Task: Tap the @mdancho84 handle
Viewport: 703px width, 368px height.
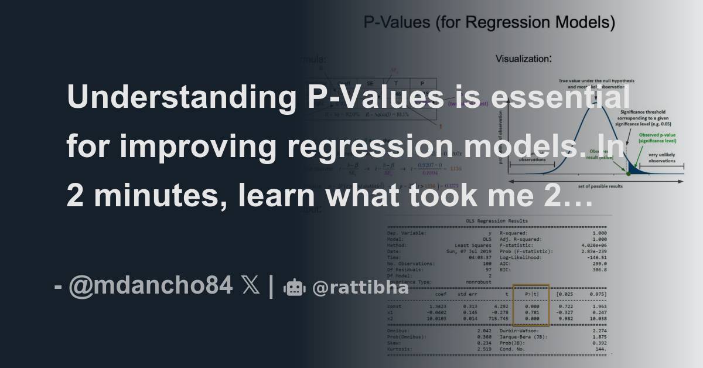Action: [x=150, y=287]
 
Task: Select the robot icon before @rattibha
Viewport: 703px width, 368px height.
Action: [x=295, y=288]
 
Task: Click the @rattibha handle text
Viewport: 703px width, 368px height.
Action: [x=345, y=288]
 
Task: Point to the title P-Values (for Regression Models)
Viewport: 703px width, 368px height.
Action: [x=489, y=23]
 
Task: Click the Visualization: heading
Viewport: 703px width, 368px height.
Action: [x=523, y=59]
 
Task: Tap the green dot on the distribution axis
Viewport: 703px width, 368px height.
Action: [x=629, y=173]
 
